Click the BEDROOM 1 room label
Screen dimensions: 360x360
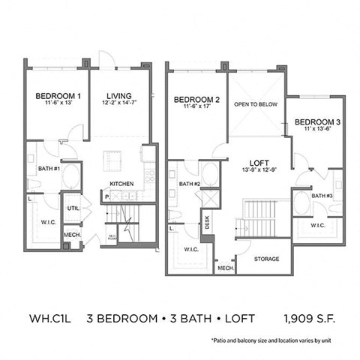point(58,96)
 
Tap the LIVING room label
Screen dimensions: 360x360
point(118,96)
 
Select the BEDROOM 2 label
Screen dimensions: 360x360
point(196,100)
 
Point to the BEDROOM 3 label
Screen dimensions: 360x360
point(315,121)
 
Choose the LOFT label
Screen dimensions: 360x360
point(259,160)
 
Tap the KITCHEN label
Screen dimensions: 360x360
point(122,183)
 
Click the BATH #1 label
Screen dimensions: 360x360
point(49,168)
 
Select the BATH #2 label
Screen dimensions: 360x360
point(189,184)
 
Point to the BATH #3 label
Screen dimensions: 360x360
point(322,196)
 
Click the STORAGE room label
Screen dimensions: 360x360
point(265,259)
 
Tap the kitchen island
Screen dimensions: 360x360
point(112,160)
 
